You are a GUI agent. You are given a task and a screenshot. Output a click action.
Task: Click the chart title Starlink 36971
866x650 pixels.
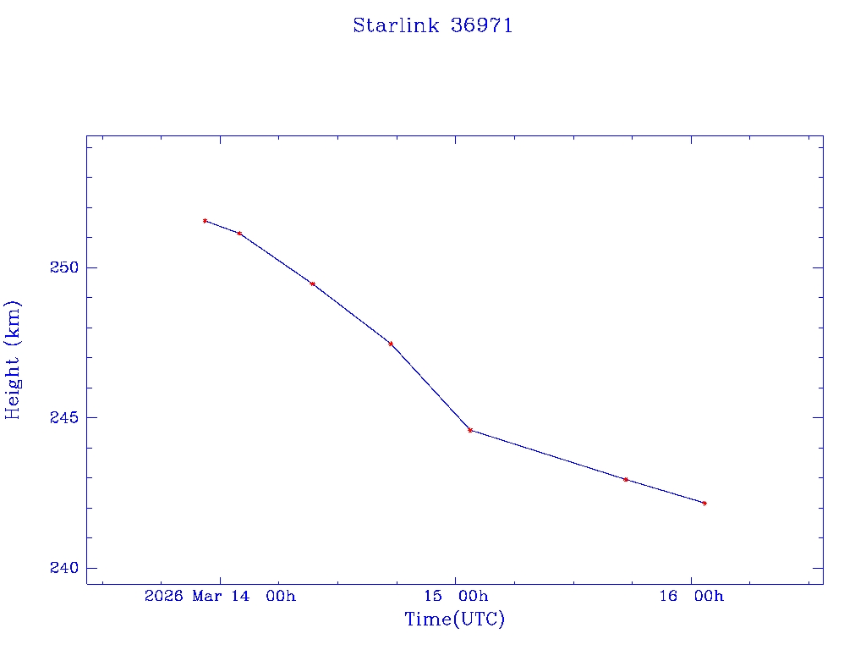(x=432, y=25)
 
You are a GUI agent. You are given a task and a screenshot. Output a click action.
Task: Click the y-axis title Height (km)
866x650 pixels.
(x=13, y=360)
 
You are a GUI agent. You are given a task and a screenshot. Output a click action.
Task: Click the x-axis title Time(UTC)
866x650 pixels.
(x=454, y=620)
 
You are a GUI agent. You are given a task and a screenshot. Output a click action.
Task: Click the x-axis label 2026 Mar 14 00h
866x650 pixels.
(x=220, y=596)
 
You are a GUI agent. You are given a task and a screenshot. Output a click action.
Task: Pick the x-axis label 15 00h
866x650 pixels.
(x=456, y=596)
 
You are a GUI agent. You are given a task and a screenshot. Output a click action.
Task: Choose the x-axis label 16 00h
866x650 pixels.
(x=691, y=596)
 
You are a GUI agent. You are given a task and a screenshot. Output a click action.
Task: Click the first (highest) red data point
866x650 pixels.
(x=205, y=221)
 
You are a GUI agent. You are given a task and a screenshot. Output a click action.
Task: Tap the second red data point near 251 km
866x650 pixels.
(x=239, y=234)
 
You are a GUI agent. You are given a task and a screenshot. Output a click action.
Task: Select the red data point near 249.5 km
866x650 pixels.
(x=313, y=284)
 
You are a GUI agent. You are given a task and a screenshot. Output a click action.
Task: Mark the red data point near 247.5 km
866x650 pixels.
(x=390, y=344)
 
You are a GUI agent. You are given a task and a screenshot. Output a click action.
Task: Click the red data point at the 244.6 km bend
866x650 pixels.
(x=470, y=430)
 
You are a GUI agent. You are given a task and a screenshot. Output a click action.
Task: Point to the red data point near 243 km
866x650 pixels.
(x=625, y=480)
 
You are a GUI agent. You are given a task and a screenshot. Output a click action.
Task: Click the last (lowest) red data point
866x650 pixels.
(x=704, y=504)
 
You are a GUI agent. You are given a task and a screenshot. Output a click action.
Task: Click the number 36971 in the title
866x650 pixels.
(x=482, y=25)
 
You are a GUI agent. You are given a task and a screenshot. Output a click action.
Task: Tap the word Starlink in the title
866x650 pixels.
(x=396, y=25)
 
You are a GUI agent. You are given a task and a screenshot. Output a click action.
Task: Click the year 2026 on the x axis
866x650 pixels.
(x=164, y=596)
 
